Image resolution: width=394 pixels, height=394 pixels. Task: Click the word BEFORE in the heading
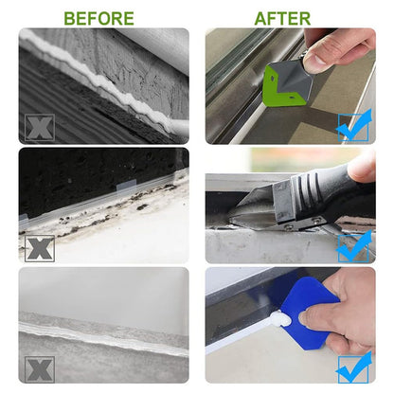point(98,18)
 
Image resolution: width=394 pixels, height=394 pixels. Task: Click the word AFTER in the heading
point(282,18)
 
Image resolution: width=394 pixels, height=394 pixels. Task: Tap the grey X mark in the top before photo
point(40,128)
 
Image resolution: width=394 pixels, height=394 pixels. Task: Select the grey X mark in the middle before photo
point(40,248)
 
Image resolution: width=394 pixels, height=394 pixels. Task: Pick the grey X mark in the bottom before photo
point(40,369)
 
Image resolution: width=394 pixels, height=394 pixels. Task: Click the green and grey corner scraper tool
point(286,82)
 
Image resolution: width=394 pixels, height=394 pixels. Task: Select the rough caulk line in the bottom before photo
point(103,339)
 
